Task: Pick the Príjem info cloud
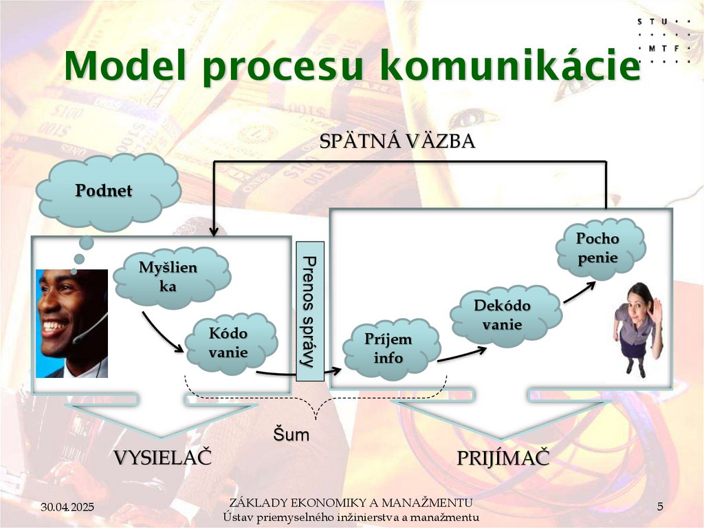(x=388, y=348)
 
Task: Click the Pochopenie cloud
(x=597, y=249)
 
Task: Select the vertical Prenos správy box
(x=309, y=310)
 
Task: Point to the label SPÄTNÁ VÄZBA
(x=397, y=142)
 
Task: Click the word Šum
(x=291, y=434)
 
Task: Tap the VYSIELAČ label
(x=162, y=458)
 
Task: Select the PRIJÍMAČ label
(x=503, y=458)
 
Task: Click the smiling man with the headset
(x=71, y=323)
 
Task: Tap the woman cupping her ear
(x=637, y=327)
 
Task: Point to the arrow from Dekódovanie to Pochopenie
(x=578, y=291)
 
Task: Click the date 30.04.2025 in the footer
(x=67, y=507)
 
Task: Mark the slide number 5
(x=660, y=507)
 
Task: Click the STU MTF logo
(x=663, y=40)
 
